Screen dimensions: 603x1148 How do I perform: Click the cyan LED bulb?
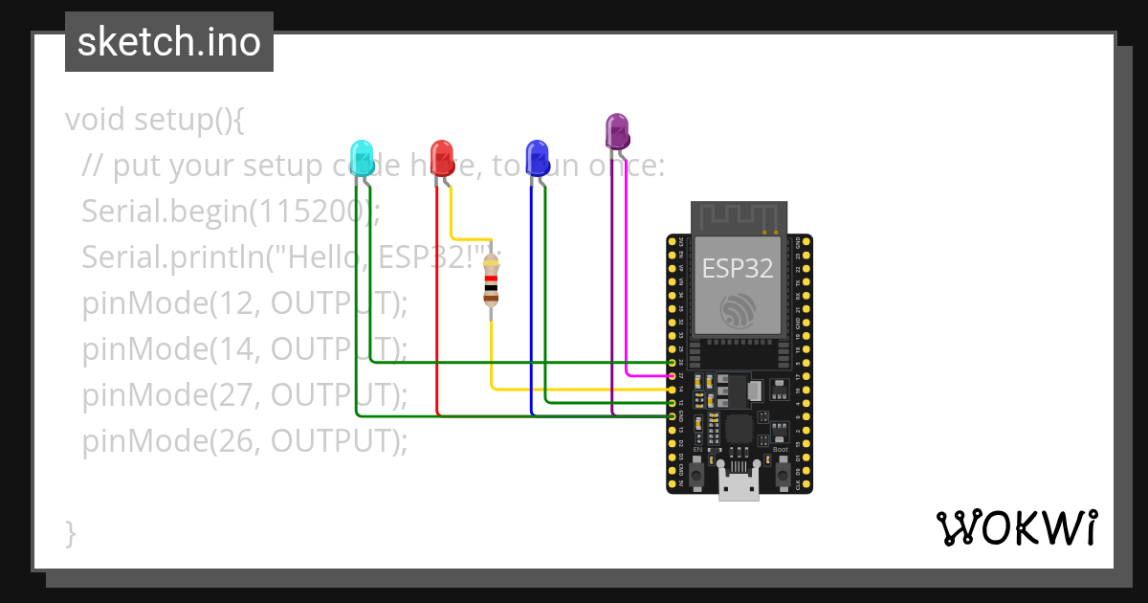pos(361,154)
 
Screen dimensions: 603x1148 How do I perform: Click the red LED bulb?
pos(441,154)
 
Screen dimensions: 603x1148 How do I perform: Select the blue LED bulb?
pos(536,154)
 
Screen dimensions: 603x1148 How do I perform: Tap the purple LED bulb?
pos(617,129)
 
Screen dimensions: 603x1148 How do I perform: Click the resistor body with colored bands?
pos(491,279)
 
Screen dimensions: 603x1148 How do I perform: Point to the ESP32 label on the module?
pos(738,268)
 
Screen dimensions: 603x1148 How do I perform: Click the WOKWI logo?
pos(1016,528)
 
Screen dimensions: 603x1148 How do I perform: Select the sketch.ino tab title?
pos(168,42)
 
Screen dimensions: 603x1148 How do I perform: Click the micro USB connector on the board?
pos(739,485)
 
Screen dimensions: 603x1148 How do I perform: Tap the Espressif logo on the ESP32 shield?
pos(739,309)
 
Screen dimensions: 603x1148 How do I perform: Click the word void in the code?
pos(96,121)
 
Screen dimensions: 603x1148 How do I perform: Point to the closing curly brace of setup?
pos(70,533)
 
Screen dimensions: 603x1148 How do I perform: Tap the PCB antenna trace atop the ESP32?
pos(739,217)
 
